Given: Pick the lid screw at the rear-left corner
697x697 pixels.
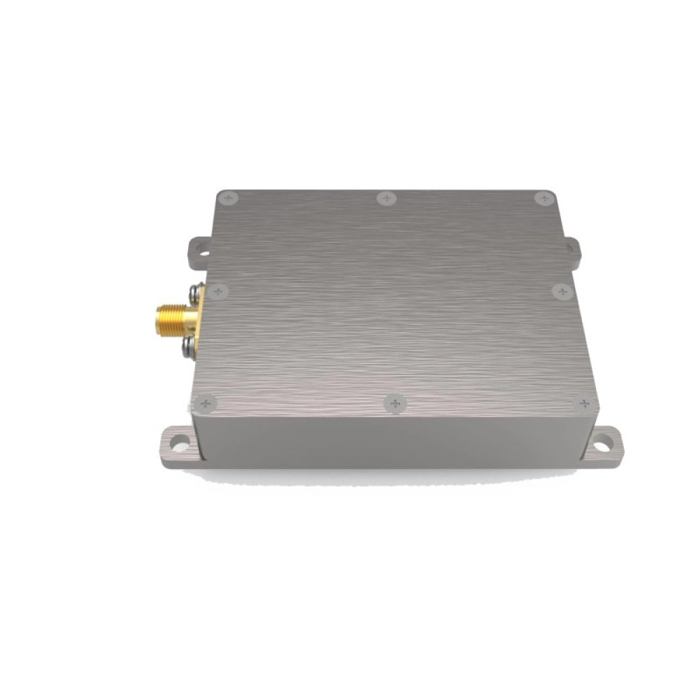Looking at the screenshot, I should point(228,198).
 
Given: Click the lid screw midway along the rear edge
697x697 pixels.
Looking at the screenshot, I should point(386,199).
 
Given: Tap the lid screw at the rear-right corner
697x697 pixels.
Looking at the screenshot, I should point(544,199).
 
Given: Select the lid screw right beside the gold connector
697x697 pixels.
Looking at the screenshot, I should point(217,291).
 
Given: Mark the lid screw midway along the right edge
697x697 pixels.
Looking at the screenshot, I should point(562,291).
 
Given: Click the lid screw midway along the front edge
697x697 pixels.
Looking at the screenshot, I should point(395,403).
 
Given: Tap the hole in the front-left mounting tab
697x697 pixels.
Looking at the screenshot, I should point(179,441).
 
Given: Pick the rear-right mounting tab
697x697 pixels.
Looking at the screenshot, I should point(572,247).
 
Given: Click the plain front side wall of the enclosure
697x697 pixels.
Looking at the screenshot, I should point(390,439).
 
